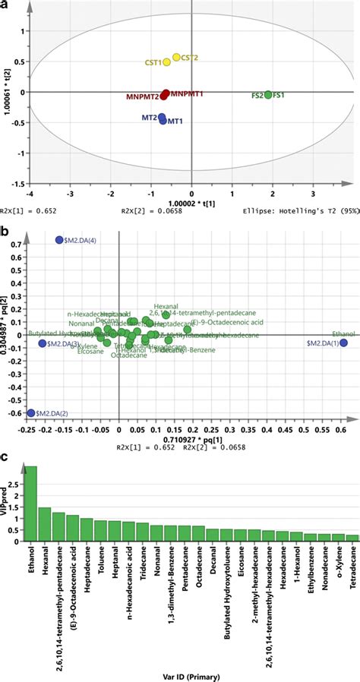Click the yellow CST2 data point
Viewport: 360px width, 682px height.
(x=176, y=57)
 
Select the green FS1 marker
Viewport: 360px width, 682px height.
(x=268, y=95)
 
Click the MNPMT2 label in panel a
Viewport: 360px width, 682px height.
(x=142, y=97)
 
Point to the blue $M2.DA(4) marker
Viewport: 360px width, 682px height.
(x=59, y=241)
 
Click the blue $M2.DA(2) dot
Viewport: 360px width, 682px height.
(x=31, y=413)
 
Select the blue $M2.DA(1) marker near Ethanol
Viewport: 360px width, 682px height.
(x=344, y=343)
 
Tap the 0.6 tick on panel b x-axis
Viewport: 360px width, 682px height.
(x=343, y=431)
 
